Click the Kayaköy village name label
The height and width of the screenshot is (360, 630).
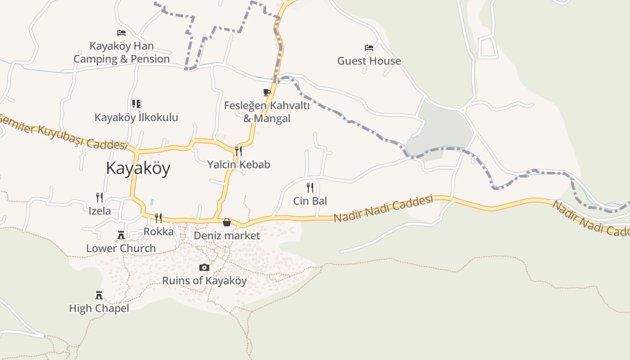(138, 168)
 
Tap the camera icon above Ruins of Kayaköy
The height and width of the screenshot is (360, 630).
(204, 268)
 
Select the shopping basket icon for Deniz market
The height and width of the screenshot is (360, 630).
(227, 222)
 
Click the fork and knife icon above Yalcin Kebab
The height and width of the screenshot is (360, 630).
(238, 151)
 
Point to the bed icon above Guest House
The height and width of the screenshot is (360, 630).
(369, 47)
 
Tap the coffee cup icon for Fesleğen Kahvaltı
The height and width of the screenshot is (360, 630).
(267, 92)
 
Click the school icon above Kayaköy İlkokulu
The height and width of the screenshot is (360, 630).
(136, 104)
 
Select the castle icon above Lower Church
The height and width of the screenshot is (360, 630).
(121, 234)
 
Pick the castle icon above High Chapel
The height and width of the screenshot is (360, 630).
(99, 295)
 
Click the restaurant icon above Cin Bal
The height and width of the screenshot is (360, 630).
(310, 187)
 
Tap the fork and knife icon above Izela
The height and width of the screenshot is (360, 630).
(99, 197)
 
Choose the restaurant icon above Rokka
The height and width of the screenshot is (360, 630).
(158, 218)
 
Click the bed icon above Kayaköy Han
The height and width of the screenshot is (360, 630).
(121, 33)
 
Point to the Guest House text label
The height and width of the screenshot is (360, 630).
(369, 61)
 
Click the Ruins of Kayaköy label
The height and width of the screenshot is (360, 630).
(204, 281)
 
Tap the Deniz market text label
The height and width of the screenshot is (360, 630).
(227, 235)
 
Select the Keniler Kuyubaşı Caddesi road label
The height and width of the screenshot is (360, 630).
(63, 131)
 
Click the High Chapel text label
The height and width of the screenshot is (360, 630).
(99, 308)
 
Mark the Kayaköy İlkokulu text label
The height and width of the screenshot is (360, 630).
(136, 117)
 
